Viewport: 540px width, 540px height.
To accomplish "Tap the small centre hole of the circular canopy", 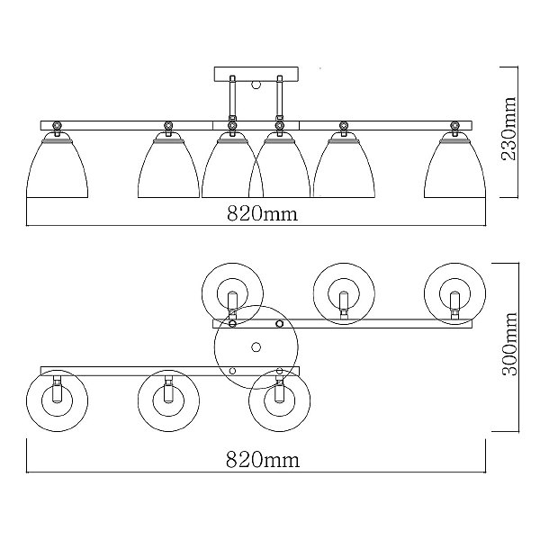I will tap(256, 347).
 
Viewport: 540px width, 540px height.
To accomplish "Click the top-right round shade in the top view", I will tap(454, 292).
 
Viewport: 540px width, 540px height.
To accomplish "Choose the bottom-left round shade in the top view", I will tap(57, 396).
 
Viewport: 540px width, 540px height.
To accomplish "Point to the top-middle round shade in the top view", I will tap(343, 292).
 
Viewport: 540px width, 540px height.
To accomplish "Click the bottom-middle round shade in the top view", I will tap(167, 396).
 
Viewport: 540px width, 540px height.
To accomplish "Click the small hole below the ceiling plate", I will tap(256, 87).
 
